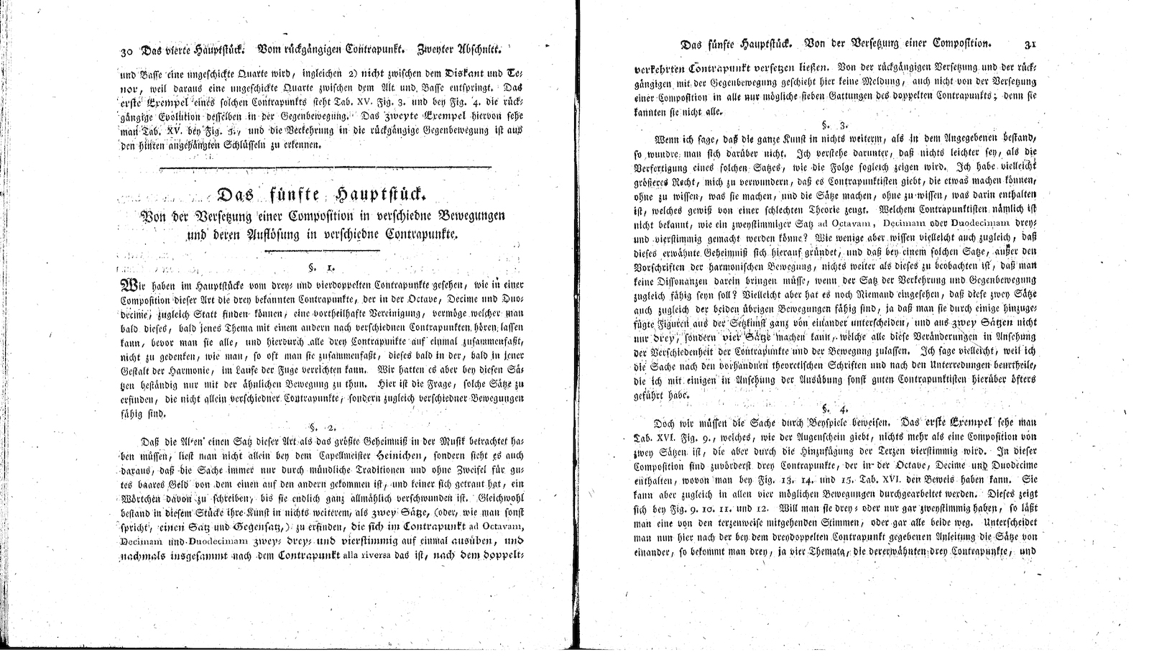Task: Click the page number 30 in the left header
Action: (126, 52)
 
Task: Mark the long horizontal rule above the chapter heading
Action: (326, 168)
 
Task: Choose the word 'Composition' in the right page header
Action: (951, 44)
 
